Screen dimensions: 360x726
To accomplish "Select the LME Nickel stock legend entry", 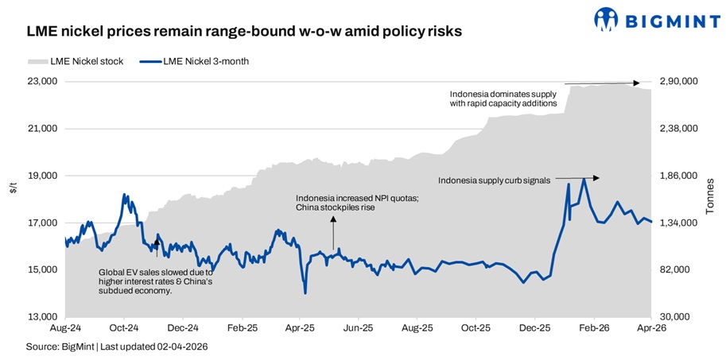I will (76, 61).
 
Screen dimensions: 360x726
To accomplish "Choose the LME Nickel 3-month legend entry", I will (195, 61).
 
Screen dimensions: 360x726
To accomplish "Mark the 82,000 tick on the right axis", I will (675, 270).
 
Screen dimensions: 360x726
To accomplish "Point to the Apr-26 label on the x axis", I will (651, 327).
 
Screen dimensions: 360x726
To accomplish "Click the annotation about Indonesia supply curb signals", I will (494, 180).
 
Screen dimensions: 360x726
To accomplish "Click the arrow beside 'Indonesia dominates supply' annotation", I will (602, 83).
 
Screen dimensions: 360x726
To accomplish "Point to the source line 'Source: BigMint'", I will (117, 346).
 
